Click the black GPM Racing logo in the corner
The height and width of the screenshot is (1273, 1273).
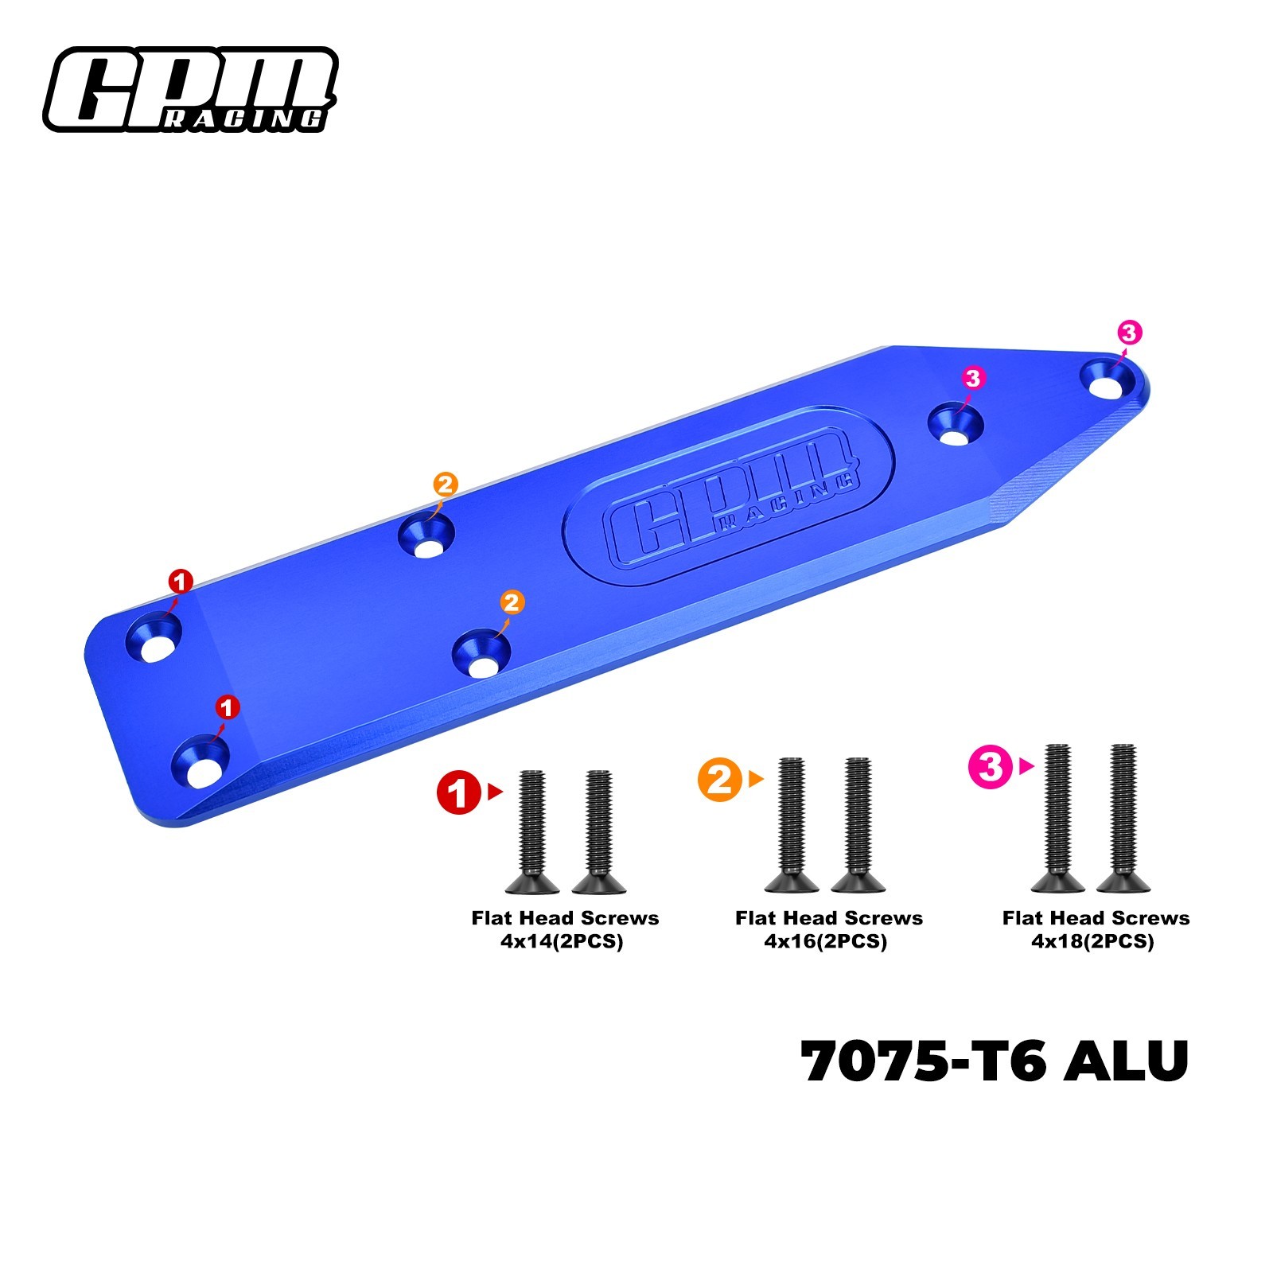[x=190, y=89]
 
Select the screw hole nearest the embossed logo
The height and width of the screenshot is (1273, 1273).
[x=957, y=425]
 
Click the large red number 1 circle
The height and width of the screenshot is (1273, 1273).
[x=459, y=792]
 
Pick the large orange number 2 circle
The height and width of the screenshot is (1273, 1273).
[x=720, y=779]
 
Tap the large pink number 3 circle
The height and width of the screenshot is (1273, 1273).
[x=991, y=767]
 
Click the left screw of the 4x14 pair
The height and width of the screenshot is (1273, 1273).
[x=531, y=831]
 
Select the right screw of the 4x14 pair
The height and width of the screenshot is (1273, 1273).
[x=599, y=831]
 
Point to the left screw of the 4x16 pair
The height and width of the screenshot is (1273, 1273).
[x=792, y=824]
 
